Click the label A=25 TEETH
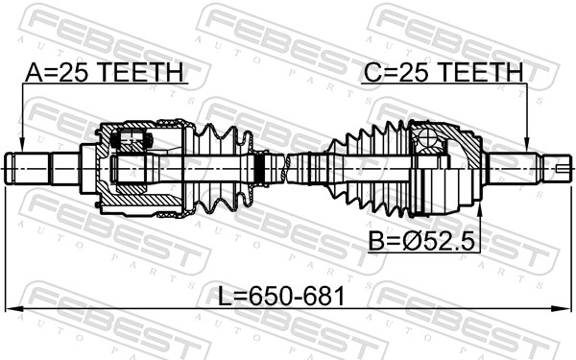coord(104,72)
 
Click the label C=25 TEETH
coord(443,72)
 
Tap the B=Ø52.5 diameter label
coord(421,241)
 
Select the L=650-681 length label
coord(281,296)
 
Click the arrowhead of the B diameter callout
coord(479,208)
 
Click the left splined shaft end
coord(27,169)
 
